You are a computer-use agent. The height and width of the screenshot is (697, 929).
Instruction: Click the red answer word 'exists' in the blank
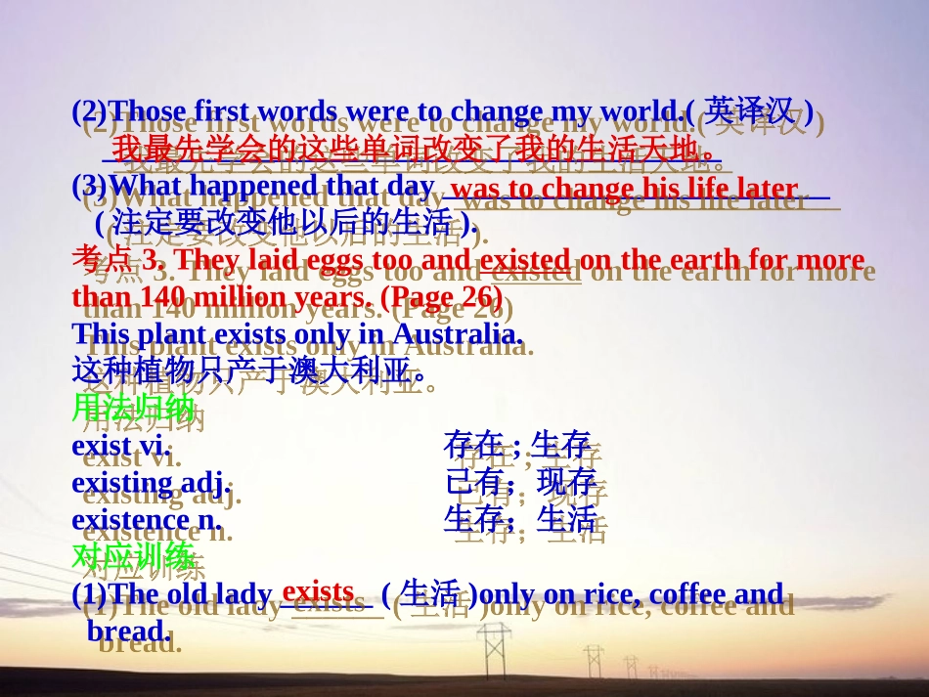coord(318,591)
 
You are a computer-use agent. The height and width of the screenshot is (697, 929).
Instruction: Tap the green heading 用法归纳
coord(133,408)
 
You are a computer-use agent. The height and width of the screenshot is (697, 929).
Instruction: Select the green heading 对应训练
coord(133,557)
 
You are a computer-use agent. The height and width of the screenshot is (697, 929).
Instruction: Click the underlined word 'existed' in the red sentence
coord(525,260)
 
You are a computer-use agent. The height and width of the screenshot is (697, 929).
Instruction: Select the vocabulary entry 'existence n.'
coord(147,519)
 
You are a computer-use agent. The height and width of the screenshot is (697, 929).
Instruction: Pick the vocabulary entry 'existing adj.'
coord(152,482)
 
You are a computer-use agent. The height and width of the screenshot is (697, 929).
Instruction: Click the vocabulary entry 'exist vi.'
coord(121,445)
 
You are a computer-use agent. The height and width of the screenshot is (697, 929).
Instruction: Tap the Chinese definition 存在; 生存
coord(517,445)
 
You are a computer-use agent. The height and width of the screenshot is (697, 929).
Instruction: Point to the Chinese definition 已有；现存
coord(520,482)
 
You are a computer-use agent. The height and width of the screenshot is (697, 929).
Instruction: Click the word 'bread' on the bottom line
coord(128,631)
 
